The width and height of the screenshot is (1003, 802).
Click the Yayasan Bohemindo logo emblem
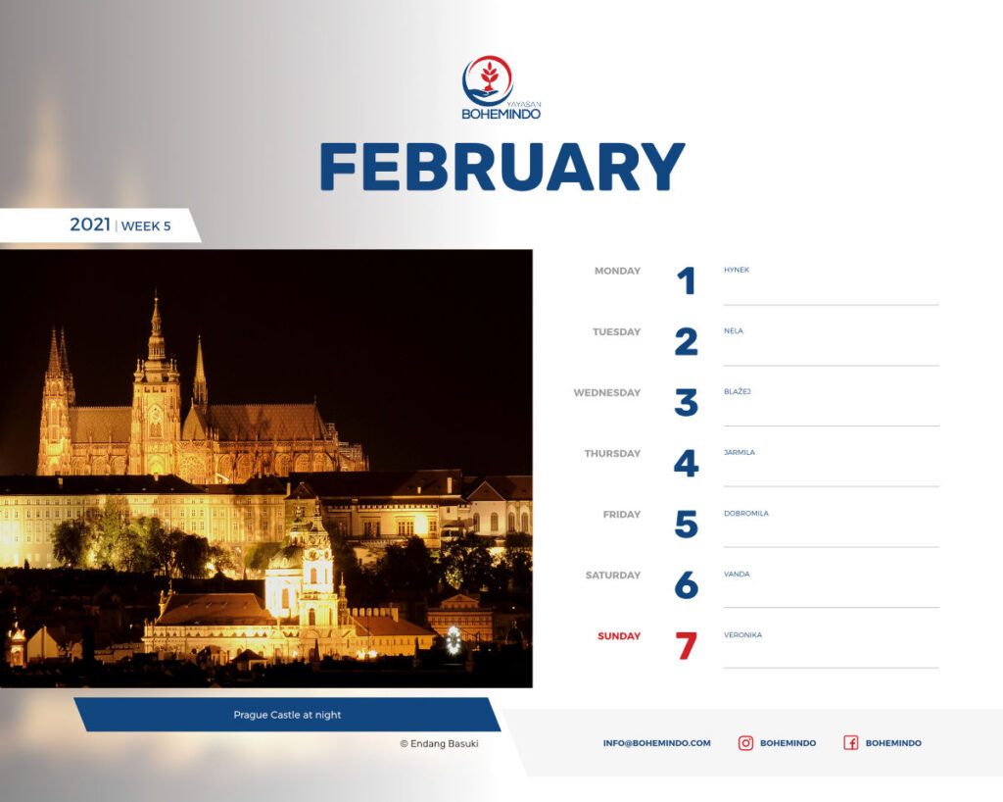click(488, 80)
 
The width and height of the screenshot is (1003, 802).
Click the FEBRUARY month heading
click(502, 167)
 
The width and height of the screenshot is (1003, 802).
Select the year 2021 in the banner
click(89, 225)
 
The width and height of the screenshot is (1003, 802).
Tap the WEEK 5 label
click(146, 226)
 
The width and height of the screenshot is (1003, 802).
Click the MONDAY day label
click(617, 271)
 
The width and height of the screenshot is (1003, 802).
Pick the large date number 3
click(687, 403)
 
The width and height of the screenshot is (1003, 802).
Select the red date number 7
click(687, 645)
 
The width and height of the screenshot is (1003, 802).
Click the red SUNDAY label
click(619, 635)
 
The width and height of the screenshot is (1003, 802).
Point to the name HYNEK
click(737, 270)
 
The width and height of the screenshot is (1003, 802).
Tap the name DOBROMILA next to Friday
click(745, 514)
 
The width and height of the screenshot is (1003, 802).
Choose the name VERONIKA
click(742, 635)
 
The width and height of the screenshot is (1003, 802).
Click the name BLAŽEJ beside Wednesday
click(737, 391)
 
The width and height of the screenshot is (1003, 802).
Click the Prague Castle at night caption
click(287, 715)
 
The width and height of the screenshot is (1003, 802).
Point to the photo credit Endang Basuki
click(439, 743)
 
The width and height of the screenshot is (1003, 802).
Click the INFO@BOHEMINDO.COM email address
click(656, 743)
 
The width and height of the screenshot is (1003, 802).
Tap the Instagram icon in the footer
click(745, 743)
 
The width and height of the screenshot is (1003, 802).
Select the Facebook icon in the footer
click(850, 743)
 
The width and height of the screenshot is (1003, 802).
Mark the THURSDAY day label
click(612, 453)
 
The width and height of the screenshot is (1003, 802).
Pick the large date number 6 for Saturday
click(687, 585)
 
